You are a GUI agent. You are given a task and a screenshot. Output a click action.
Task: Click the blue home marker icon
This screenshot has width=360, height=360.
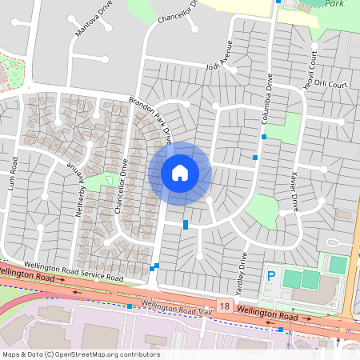click(x=180, y=173)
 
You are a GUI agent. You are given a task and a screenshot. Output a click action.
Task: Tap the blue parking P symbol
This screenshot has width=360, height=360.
click(x=271, y=276)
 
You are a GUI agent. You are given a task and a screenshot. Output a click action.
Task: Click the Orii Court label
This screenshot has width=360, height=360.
click(x=331, y=83)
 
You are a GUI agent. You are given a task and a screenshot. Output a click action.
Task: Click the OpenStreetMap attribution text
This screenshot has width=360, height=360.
click(x=80, y=354)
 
